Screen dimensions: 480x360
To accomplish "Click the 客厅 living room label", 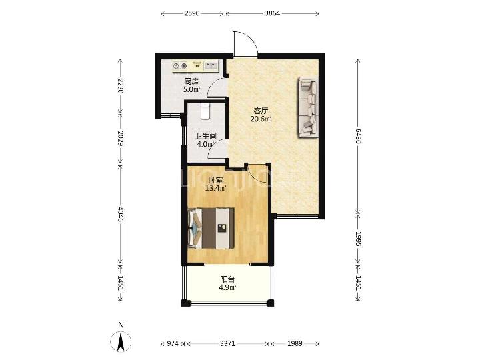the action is point(261,111).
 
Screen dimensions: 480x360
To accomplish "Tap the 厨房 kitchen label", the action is point(191,81).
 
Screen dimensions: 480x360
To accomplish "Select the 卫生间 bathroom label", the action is point(206,136).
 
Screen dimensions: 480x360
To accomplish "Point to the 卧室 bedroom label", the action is point(215,180).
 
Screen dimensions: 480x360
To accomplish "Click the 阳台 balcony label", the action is point(227,279).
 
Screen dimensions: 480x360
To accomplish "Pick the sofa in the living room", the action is point(308,107).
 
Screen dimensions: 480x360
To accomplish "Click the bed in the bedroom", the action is point(211,228).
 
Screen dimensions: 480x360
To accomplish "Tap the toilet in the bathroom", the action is point(205,111).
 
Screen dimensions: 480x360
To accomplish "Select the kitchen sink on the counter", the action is point(211,65).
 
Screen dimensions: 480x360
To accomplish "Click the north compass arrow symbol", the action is point(121,341).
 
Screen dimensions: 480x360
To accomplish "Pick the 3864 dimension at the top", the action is point(272,13).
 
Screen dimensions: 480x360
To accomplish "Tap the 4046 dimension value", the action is point(121,214).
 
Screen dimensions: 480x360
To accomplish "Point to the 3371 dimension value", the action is point(228,343).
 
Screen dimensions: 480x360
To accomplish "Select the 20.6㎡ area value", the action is point(261,119).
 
